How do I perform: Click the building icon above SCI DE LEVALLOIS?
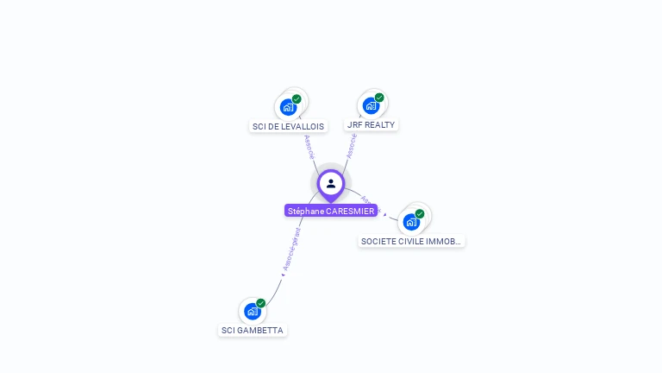[x=288, y=108]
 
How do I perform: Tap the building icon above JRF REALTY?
[x=371, y=106]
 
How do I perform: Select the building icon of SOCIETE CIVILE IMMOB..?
[x=411, y=222]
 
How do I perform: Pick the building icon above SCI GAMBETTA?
[x=252, y=311]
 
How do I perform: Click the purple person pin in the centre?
[x=331, y=184]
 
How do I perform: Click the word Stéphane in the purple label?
[x=306, y=211]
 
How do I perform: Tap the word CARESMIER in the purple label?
[x=351, y=211]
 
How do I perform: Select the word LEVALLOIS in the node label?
[x=305, y=126]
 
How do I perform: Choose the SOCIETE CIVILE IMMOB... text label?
[x=412, y=242]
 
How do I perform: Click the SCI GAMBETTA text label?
[x=252, y=330]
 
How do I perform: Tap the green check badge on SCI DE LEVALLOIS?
[x=297, y=99]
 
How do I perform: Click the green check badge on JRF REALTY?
[x=379, y=98]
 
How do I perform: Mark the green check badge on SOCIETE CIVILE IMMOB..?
[x=420, y=213]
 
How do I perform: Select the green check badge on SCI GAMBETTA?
[x=260, y=303]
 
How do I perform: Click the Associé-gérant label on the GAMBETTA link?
[x=290, y=250]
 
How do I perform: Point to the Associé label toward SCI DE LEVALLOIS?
[x=309, y=146]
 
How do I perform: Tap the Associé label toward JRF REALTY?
[x=352, y=145]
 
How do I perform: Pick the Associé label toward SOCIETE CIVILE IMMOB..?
[x=371, y=204]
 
